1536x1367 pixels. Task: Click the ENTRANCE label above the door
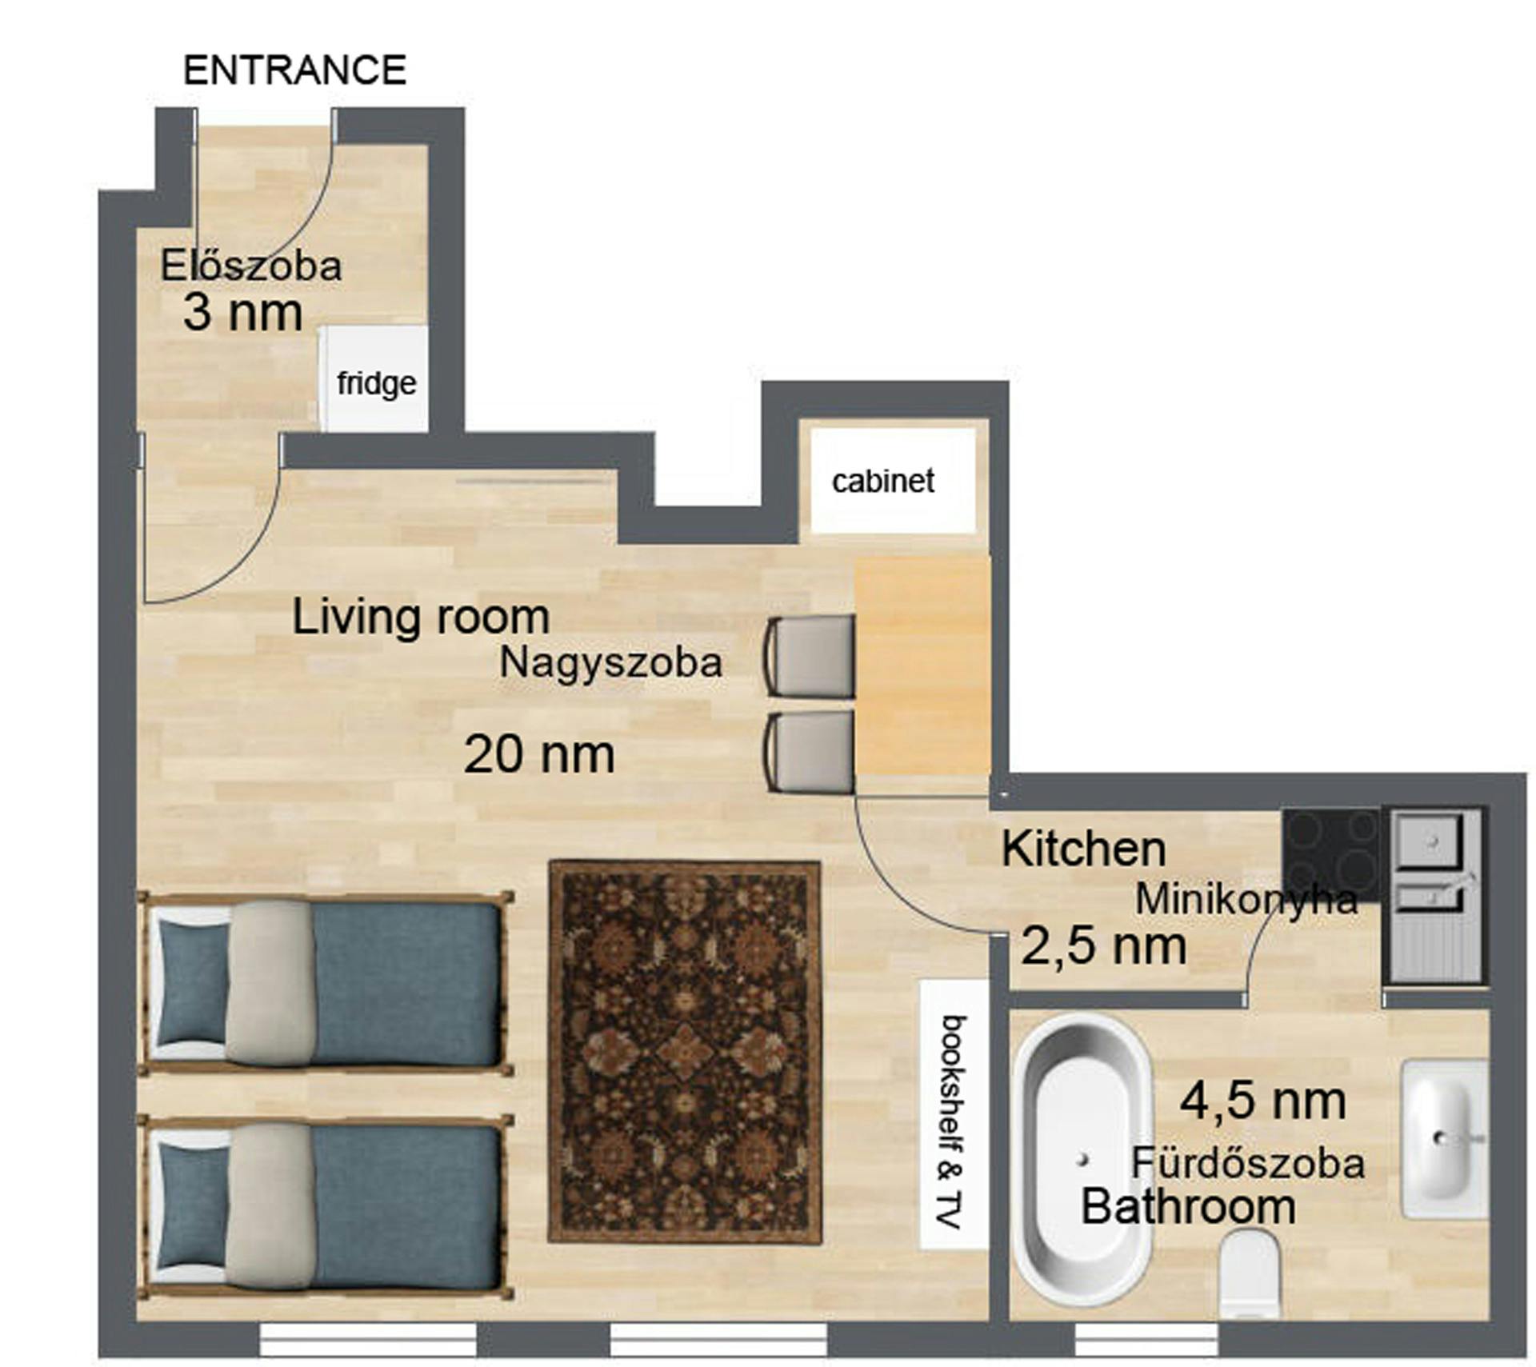(x=294, y=70)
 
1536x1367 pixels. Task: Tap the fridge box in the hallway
(x=374, y=379)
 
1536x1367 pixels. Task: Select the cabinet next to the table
(x=892, y=481)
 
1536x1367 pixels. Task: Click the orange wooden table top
(x=922, y=666)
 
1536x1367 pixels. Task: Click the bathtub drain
(x=1083, y=1158)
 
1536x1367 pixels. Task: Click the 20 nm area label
(x=538, y=754)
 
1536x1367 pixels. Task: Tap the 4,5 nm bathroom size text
(x=1262, y=1101)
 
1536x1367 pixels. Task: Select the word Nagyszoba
(x=610, y=663)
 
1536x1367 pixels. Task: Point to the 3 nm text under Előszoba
(x=242, y=313)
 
